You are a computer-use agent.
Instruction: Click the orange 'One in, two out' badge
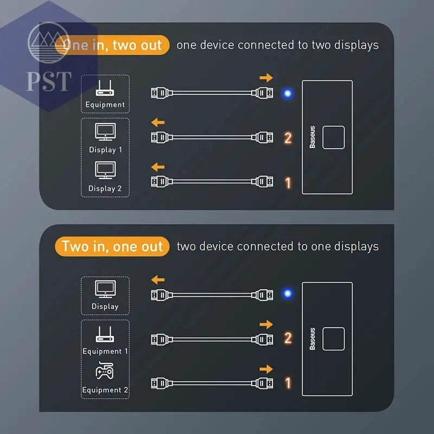pos(112,45)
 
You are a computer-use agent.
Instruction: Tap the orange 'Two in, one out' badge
pos(112,246)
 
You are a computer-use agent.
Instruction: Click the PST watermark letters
pos(49,81)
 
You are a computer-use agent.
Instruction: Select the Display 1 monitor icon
pos(105,132)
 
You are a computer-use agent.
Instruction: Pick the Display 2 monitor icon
pos(105,170)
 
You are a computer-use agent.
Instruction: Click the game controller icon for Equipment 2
pos(104,371)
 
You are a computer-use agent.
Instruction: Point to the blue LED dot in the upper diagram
pos(288,93)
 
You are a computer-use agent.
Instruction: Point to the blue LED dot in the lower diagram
pos(288,293)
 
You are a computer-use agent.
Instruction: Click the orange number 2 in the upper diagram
pos(288,138)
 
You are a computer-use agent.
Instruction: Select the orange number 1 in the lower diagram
pos(288,383)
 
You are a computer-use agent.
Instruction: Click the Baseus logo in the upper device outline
pos(312,137)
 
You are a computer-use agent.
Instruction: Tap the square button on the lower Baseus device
pos(334,339)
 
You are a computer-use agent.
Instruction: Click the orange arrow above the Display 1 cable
pos(158,122)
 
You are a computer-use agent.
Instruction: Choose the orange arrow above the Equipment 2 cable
pos(266,369)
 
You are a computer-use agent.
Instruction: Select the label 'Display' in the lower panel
pos(105,307)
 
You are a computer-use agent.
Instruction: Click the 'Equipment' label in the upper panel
pos(105,105)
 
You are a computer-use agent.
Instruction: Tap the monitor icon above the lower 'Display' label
pos(105,289)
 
